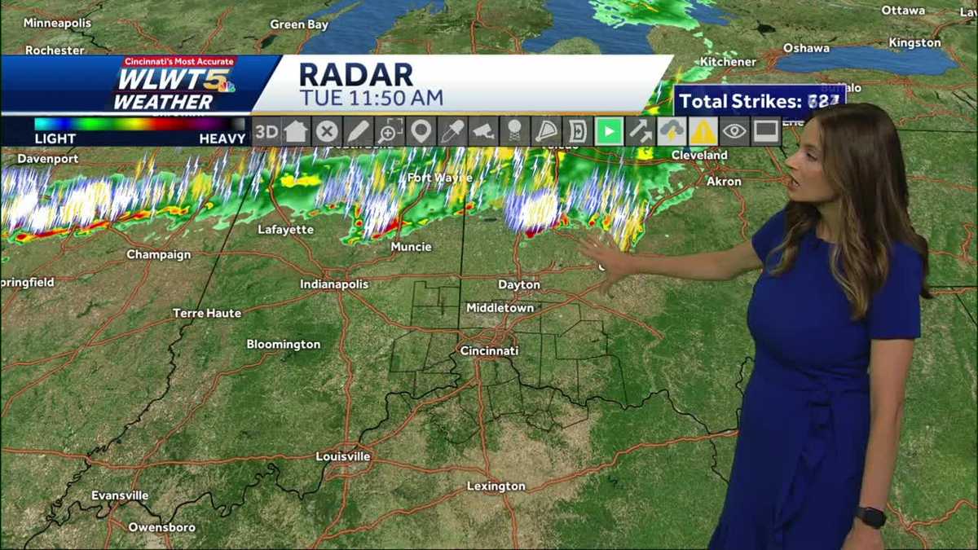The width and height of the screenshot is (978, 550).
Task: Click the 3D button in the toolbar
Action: click(266, 131)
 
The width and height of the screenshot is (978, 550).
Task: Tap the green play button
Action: click(609, 131)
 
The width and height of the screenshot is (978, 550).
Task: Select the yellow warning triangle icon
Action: click(703, 131)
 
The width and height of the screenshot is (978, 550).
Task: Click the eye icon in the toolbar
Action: click(734, 131)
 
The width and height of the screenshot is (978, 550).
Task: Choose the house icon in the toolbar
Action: click(296, 131)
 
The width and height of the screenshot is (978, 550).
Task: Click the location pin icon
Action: click(421, 131)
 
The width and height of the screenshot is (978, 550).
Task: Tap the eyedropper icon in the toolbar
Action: click(452, 131)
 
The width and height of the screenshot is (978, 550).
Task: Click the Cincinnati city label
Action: click(489, 350)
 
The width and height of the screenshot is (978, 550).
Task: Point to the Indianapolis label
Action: click(334, 284)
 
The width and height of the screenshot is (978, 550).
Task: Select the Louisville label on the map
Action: click(343, 456)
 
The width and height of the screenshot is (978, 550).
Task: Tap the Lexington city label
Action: click(496, 486)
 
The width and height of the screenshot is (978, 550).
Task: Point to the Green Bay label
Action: click(299, 24)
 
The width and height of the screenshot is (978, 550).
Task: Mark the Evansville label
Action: click(120, 495)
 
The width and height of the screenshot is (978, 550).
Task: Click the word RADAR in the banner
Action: click(356, 74)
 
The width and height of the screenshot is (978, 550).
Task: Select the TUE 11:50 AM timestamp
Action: click(371, 99)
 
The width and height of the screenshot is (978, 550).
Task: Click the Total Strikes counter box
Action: click(760, 102)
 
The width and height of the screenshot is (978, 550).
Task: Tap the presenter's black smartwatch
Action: click(870, 517)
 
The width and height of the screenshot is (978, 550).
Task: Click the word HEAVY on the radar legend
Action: click(222, 139)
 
